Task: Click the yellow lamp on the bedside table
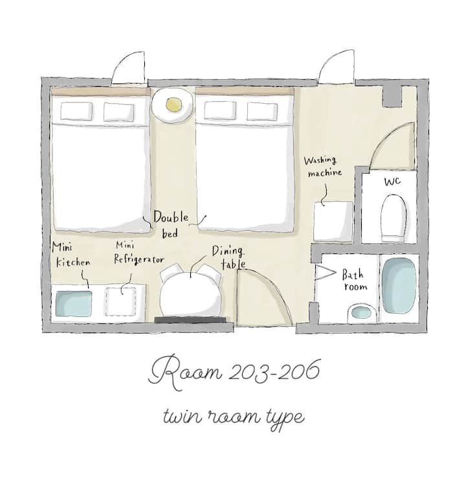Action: pos(174,105)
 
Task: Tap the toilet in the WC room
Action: pos(394,218)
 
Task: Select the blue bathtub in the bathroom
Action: pos(399,286)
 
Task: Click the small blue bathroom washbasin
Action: pos(361,313)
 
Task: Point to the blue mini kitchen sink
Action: pos(74,303)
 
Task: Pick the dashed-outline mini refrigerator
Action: pos(121,302)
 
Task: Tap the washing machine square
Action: pos(333,221)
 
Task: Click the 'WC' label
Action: pos(392,181)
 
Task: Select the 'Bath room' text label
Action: pos(354,280)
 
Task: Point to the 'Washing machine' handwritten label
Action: pos(323,167)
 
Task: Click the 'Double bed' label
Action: pos(171,224)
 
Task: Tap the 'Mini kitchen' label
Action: pos(71,255)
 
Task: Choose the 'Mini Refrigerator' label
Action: pos(139,253)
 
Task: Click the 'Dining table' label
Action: pos(228,257)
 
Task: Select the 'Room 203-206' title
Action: pos(234,372)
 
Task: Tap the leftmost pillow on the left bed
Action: pos(76,111)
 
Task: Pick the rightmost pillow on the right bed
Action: pos(262,111)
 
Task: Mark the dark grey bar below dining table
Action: pos(191,320)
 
